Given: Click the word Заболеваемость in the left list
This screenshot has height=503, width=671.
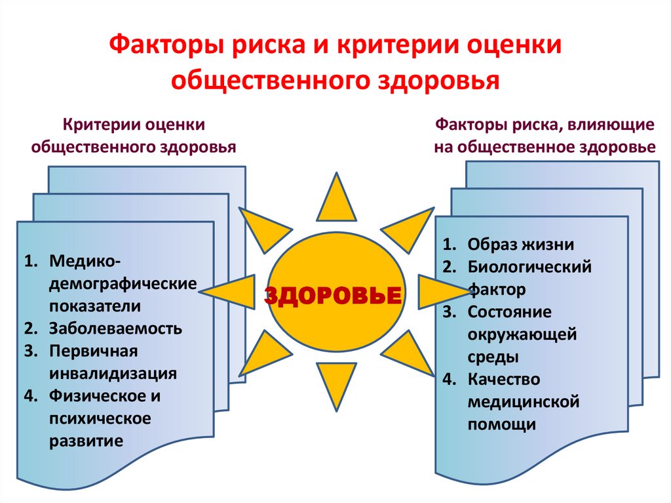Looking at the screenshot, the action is pos(115,328).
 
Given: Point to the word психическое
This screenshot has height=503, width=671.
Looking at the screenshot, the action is pos(100,418).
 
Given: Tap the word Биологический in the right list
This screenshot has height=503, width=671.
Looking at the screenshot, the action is pos(529,267).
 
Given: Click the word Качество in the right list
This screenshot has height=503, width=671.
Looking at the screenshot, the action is pos(503,379).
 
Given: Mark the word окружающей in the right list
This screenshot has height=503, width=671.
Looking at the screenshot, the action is pos(522,334).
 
